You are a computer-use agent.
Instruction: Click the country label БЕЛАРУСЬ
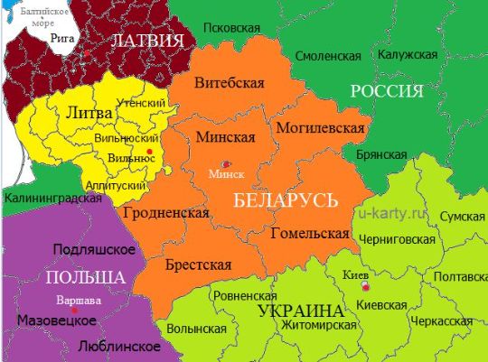(285, 200)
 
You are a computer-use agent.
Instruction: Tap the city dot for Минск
(227, 162)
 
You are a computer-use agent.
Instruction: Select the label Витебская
(230, 82)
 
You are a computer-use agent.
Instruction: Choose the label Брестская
(198, 265)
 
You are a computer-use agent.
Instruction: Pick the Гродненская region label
(171, 213)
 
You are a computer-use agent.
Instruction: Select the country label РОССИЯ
(386, 91)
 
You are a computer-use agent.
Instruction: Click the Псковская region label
(226, 29)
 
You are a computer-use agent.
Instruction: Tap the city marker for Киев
(365, 286)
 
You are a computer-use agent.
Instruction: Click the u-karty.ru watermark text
(390, 214)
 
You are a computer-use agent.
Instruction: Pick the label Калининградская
(51, 197)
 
